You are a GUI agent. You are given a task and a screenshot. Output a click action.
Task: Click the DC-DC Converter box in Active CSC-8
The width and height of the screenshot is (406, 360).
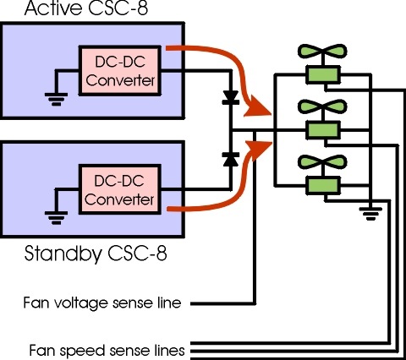tap(120, 71)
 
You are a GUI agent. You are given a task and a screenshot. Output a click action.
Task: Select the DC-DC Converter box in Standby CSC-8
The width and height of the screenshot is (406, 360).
tap(120, 189)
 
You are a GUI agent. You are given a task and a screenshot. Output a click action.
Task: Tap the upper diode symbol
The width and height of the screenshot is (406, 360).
tap(231, 98)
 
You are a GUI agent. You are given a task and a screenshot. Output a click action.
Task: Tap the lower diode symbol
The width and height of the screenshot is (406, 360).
tap(231, 160)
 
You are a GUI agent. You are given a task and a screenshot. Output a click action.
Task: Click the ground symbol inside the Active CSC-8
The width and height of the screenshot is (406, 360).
tap(56, 99)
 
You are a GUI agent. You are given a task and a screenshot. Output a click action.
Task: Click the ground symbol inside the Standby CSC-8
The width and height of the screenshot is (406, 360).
tap(56, 218)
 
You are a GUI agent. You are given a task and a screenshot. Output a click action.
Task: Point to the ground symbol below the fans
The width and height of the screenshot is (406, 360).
tap(370, 214)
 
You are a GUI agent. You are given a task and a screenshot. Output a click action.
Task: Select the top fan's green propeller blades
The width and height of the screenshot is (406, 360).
tap(322, 52)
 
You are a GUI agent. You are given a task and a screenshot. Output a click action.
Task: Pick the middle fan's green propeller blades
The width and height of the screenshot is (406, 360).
tap(322, 106)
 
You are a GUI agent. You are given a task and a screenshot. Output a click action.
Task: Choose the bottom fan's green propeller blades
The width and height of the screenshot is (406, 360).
tap(322, 162)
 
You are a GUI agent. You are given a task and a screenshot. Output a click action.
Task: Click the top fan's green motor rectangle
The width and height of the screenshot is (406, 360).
tap(322, 74)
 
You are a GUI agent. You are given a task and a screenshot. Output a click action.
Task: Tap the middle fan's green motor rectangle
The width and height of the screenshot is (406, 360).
tap(322, 130)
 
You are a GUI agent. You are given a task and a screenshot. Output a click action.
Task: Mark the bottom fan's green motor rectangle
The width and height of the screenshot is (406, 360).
tap(322, 186)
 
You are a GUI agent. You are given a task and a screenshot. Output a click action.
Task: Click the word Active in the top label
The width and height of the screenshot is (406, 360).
tap(52, 8)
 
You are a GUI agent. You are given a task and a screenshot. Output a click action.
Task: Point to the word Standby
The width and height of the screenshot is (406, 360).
tap(63, 254)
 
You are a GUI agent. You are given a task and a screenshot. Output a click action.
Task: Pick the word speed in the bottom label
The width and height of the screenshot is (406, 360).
tap(83, 352)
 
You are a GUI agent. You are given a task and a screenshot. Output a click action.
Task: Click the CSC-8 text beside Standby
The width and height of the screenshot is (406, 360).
tap(137, 253)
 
